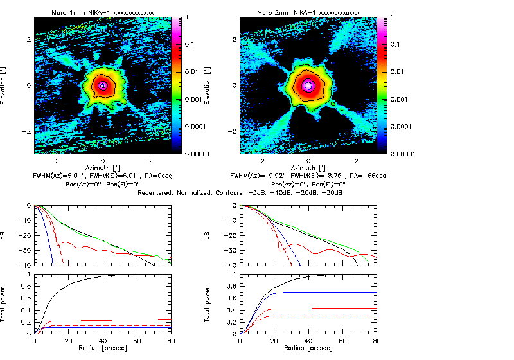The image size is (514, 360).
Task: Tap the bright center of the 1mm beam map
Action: click(103, 85)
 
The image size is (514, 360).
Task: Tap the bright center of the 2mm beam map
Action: click(308, 85)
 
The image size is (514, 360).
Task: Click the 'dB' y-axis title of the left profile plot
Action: click(4, 235)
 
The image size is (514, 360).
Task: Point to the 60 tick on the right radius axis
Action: click(342, 341)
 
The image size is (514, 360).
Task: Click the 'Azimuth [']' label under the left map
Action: click(103, 166)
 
